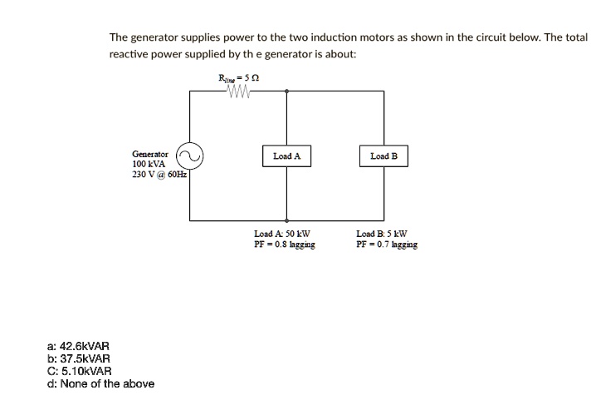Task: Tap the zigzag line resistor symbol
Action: [239, 91]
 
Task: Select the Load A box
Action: [286, 156]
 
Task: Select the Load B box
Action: [383, 156]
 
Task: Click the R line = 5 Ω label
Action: [239, 78]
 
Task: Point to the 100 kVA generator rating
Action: [149, 164]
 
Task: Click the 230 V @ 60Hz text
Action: [159, 175]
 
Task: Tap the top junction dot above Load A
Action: [286, 91]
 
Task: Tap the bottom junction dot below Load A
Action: [286, 220]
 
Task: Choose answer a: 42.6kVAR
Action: [78, 346]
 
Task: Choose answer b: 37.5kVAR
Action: [79, 358]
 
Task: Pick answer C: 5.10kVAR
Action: [80, 371]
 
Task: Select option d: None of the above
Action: [100, 383]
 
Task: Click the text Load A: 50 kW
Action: [282, 234]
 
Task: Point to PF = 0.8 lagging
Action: [285, 245]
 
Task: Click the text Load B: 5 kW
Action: [382, 234]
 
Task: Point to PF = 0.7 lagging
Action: [387, 245]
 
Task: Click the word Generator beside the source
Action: [150, 154]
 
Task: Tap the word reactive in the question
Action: [129, 54]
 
